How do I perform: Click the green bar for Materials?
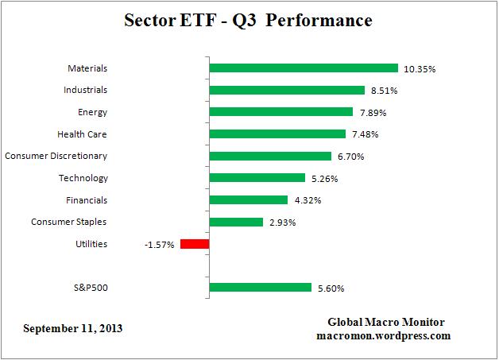point(303,68)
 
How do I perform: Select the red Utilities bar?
point(195,244)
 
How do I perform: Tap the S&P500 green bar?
point(260,288)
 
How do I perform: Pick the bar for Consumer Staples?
point(235,222)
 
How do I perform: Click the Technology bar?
point(257,178)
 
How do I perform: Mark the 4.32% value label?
point(307,200)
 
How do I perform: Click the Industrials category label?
point(85,90)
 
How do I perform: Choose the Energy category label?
point(92,112)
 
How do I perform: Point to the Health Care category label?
point(82,134)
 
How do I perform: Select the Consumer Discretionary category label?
point(56,156)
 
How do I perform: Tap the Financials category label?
point(86,200)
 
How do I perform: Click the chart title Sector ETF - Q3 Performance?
point(248,21)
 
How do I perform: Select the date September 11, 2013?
point(73,327)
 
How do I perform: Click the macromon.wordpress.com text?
point(386,335)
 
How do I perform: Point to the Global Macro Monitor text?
point(386,322)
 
